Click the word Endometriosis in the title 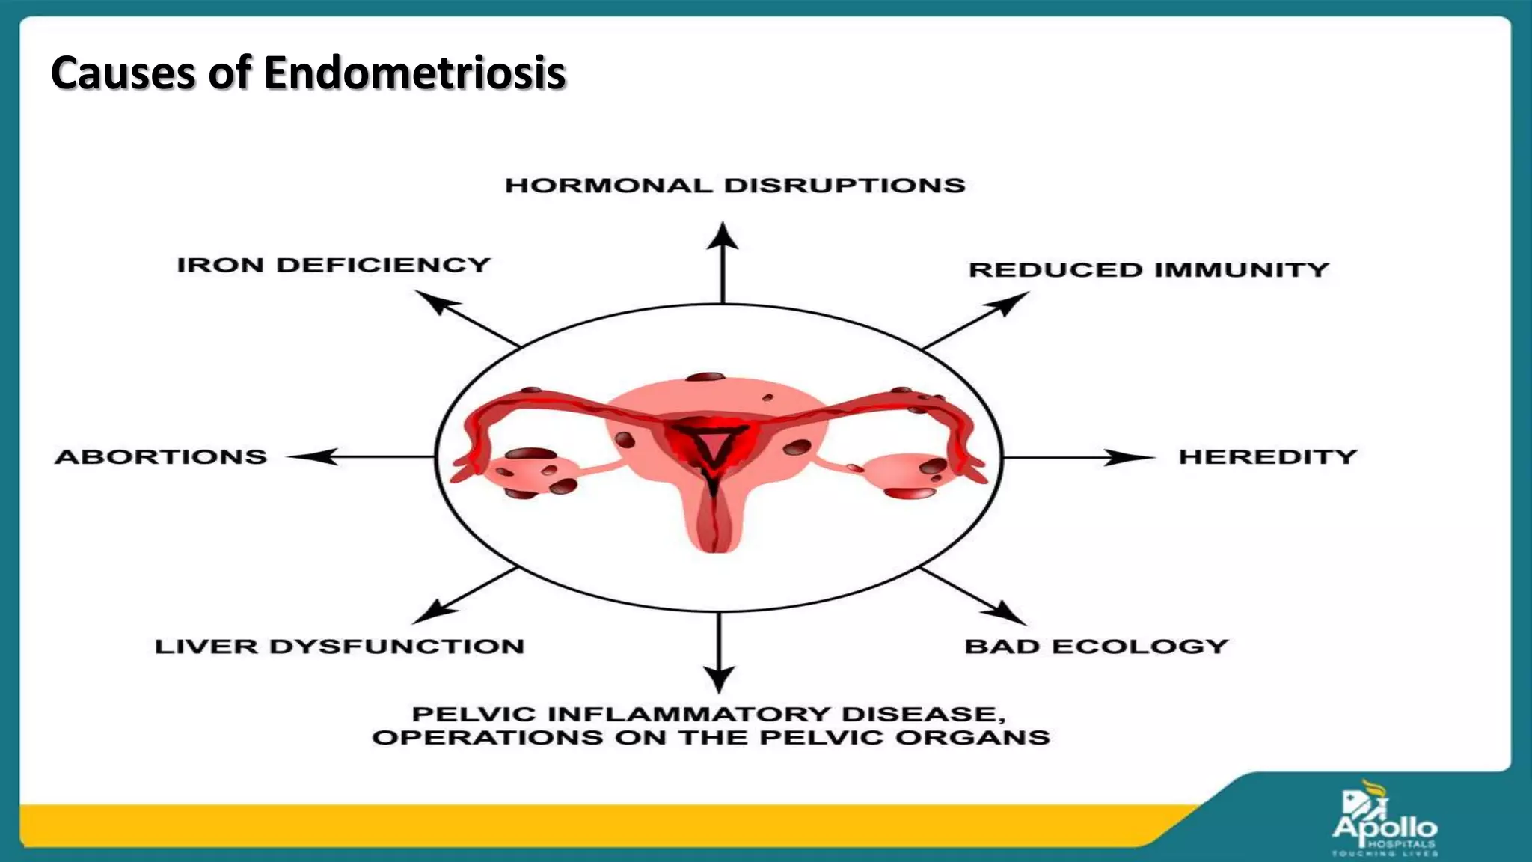point(414,73)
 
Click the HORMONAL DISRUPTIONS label point(735,186)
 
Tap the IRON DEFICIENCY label point(334,265)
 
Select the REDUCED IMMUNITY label point(1148,269)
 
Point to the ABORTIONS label point(161,456)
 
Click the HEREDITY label point(1268,456)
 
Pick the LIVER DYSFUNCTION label point(340,646)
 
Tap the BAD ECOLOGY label point(1096,646)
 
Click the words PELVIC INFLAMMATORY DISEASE point(703,714)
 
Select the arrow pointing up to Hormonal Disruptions point(723,262)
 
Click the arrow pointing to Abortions point(359,456)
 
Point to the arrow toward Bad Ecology point(972,596)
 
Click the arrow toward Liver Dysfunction point(464,596)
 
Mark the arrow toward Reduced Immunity point(975,320)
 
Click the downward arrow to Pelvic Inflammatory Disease point(720,651)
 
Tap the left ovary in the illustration point(534,471)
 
